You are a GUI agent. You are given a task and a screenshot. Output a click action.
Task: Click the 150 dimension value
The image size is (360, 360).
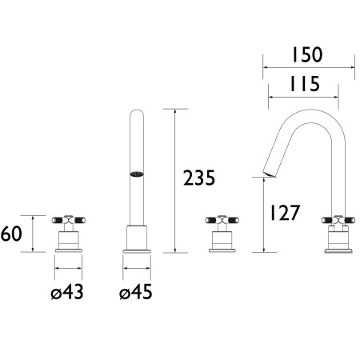[307, 54]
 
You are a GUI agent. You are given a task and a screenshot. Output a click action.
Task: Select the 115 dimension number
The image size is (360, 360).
[305, 84]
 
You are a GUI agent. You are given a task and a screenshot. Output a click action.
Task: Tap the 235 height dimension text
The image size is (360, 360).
[199, 178]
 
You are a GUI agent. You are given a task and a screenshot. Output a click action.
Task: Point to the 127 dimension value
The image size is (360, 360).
[285, 213]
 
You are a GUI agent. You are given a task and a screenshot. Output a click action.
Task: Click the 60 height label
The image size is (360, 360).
[11, 234]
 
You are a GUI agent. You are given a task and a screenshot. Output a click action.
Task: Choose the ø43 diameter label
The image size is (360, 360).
[67, 292]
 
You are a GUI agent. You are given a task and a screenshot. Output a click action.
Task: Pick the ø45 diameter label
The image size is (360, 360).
[136, 292]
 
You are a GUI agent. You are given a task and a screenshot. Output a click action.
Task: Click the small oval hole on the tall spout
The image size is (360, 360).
[137, 174]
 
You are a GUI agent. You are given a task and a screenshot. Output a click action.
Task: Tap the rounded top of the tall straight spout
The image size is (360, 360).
[137, 112]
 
